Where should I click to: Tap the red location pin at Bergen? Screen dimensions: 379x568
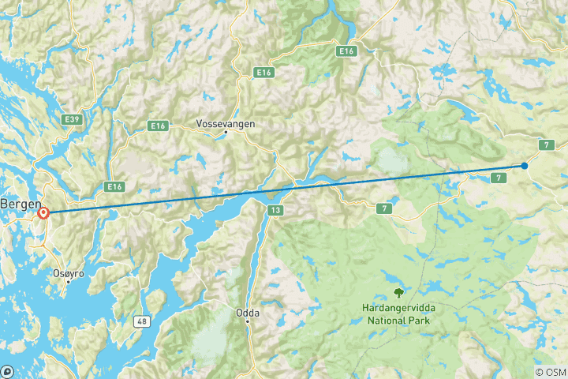43,212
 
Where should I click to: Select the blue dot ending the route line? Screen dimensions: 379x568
525,166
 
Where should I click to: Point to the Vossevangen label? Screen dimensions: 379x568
226,124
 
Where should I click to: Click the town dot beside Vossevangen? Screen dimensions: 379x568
226,133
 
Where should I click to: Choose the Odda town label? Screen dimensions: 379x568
247,313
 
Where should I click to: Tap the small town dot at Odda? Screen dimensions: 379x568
247,321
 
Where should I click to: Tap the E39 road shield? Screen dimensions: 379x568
71,118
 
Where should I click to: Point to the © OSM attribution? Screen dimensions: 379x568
550,372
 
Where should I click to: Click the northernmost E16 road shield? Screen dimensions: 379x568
345,51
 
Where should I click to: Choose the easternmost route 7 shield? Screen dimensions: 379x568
545,144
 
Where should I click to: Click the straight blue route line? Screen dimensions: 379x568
284,189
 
